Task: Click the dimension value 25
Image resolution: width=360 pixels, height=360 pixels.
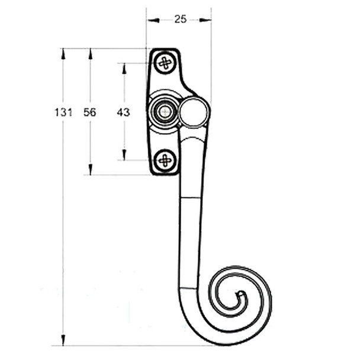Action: point(181,19)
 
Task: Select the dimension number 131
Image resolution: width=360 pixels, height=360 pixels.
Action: point(63,112)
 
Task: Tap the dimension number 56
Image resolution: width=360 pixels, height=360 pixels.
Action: point(90,112)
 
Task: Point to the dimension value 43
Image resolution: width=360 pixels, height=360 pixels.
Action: point(124,112)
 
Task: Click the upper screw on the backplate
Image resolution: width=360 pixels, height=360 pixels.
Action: point(165,62)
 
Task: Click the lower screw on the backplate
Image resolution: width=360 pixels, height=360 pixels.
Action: point(165,159)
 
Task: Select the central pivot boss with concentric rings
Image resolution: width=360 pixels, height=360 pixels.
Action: point(163,110)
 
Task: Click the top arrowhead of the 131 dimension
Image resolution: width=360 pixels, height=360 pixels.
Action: point(63,53)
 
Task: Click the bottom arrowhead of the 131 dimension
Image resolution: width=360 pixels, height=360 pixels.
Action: point(63,340)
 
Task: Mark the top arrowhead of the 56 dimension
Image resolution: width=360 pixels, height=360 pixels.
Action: point(91,53)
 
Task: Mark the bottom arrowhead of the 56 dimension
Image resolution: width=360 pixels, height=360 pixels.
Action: point(91,170)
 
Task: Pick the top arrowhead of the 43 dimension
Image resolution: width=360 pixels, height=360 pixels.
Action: point(124,67)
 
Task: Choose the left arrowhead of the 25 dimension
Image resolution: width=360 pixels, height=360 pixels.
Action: point(152,20)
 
